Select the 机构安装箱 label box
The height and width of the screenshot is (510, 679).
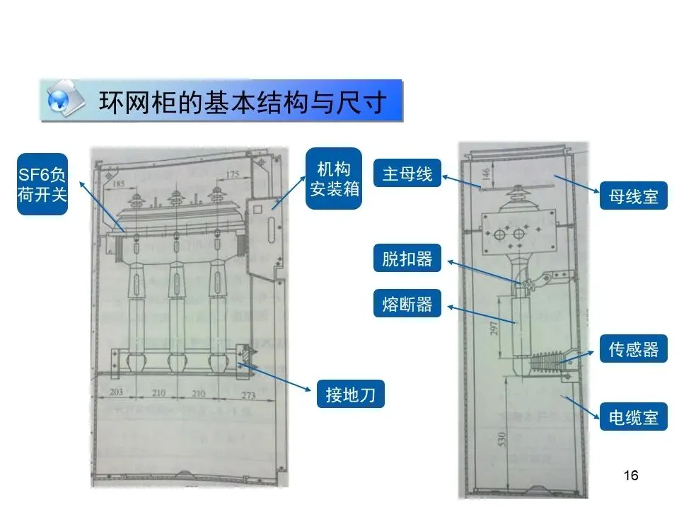click(x=333, y=178)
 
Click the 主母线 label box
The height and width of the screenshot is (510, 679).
click(x=407, y=174)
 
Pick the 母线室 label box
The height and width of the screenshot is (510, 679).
click(x=633, y=195)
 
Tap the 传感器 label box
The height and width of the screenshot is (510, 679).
click(x=633, y=348)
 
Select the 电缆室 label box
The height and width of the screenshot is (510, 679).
click(x=633, y=417)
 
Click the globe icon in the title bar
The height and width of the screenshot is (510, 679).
click(x=62, y=101)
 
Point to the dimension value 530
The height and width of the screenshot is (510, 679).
click(x=502, y=440)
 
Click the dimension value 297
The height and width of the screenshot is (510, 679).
click(x=494, y=326)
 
